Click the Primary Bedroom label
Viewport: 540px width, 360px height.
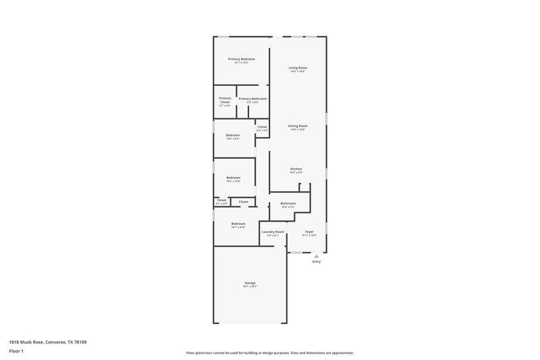[x=241, y=59]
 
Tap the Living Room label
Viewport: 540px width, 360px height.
[x=298, y=68]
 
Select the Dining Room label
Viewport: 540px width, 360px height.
[x=298, y=126]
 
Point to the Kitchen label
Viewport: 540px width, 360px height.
[x=296, y=169]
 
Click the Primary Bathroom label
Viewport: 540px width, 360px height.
[x=252, y=99]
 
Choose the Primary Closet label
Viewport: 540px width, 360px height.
[x=225, y=100]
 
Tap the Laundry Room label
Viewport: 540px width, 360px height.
[x=273, y=232]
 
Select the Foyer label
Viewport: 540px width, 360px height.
[x=309, y=232]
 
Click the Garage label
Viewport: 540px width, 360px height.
[x=250, y=283]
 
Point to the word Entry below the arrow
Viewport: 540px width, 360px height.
[x=316, y=261]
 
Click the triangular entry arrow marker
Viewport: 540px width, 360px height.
[x=316, y=256]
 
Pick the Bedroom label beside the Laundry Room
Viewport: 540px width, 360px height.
[x=238, y=224]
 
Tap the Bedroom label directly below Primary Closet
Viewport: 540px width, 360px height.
[x=232, y=135]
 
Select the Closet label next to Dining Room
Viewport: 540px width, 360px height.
[x=262, y=126]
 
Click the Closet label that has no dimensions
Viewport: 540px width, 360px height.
[x=243, y=201]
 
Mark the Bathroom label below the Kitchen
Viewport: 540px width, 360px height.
[x=288, y=203]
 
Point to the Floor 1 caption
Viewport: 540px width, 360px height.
[x=16, y=351]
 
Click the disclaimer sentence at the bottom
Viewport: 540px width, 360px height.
[x=269, y=353]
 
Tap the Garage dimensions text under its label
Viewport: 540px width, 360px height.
[x=250, y=287]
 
